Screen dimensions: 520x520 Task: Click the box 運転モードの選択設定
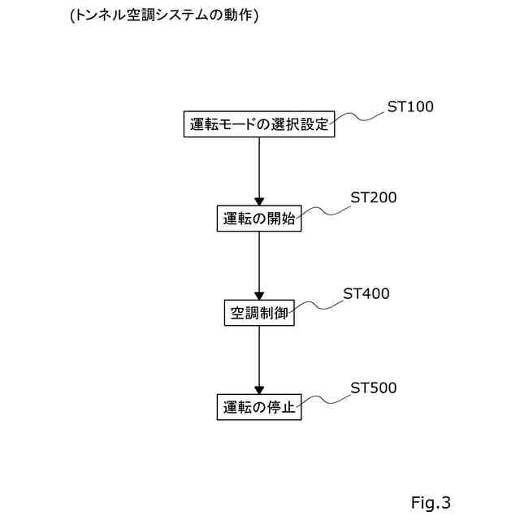(258, 125)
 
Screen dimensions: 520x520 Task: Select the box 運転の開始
(259, 219)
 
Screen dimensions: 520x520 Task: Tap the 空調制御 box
(259, 313)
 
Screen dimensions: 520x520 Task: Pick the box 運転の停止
(259, 407)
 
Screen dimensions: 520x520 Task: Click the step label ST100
(410, 106)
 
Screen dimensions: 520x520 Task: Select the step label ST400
(366, 293)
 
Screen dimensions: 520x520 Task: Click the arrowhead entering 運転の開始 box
(259, 201)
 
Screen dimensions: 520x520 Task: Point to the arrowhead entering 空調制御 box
(259, 295)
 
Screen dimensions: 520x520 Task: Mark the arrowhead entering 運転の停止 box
(259, 389)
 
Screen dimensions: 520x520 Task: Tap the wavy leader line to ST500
(324, 399)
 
